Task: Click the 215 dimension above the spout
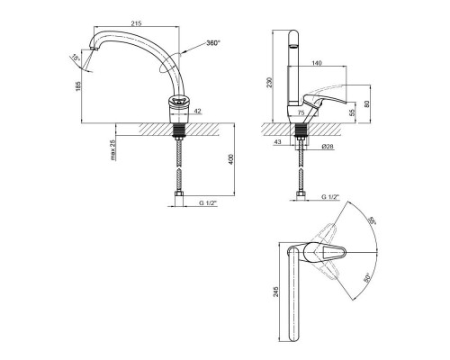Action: tap(136, 23)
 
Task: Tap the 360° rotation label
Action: tap(213, 43)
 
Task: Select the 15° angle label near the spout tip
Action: tap(76, 58)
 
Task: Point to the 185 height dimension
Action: tap(78, 86)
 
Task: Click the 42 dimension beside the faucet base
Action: tap(198, 111)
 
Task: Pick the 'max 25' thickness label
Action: tap(112, 149)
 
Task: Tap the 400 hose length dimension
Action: tap(231, 159)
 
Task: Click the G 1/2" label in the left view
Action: tap(208, 203)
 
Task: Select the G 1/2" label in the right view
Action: tap(330, 197)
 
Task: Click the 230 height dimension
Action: tap(269, 82)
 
